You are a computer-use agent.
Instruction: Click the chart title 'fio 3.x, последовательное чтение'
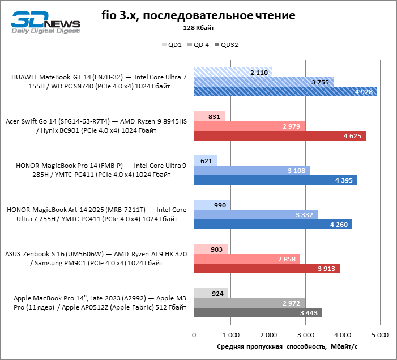point(198,14)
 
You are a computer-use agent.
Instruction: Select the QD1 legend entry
point(172,44)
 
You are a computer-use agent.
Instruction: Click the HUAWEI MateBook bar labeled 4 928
point(285,92)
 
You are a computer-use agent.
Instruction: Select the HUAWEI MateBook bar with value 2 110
point(233,72)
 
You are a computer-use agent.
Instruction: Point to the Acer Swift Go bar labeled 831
point(210,116)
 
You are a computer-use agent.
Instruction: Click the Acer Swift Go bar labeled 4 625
point(280,136)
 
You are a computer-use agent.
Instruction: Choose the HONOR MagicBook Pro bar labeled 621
point(206,160)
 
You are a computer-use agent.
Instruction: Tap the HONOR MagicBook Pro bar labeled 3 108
point(251,171)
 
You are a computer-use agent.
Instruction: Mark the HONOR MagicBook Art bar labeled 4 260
point(273,225)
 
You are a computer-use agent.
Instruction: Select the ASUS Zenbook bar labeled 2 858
point(247,259)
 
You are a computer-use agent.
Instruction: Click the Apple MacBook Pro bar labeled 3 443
point(258,313)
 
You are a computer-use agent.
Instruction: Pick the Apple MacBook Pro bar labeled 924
point(211,293)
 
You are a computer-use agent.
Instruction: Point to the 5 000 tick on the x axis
point(379,335)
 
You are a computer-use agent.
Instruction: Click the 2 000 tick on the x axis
point(268,335)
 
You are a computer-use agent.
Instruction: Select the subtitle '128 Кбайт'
point(198,28)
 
